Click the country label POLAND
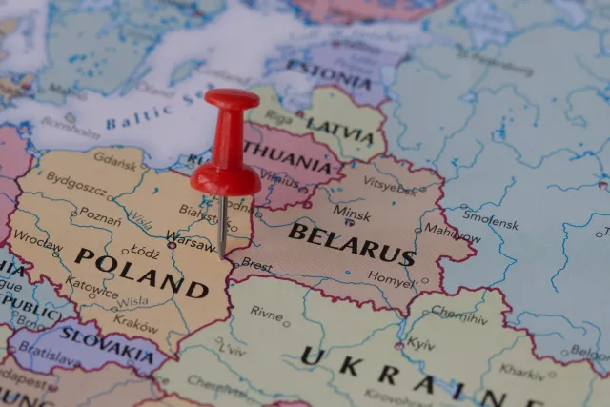coord(141,271)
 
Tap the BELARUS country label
coord(351,244)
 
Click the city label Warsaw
coord(192,237)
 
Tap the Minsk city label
coord(352,214)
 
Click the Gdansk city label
coord(115,161)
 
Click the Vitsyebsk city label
coord(390,182)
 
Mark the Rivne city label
coord(267,312)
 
